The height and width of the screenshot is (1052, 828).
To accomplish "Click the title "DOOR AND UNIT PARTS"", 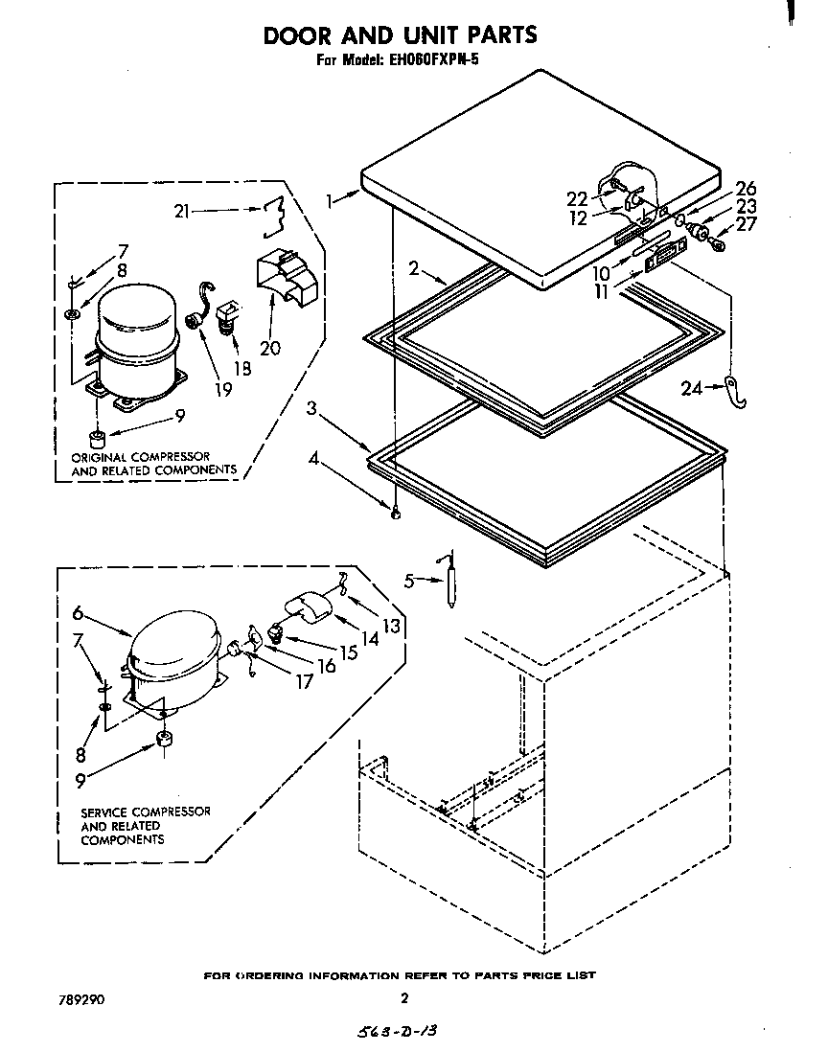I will pyautogui.click(x=400, y=35).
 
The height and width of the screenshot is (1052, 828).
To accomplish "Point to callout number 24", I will pyautogui.click(x=690, y=388).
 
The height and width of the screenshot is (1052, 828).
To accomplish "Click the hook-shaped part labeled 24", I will pyautogui.click(x=736, y=389).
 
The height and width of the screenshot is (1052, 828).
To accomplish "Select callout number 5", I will pyautogui.click(x=408, y=581).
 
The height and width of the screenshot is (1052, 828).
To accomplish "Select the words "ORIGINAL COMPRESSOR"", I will pyautogui.click(x=140, y=456).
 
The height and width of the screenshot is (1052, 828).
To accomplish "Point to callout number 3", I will pyautogui.click(x=311, y=408).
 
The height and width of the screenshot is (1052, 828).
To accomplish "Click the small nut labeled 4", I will pyautogui.click(x=395, y=509).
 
